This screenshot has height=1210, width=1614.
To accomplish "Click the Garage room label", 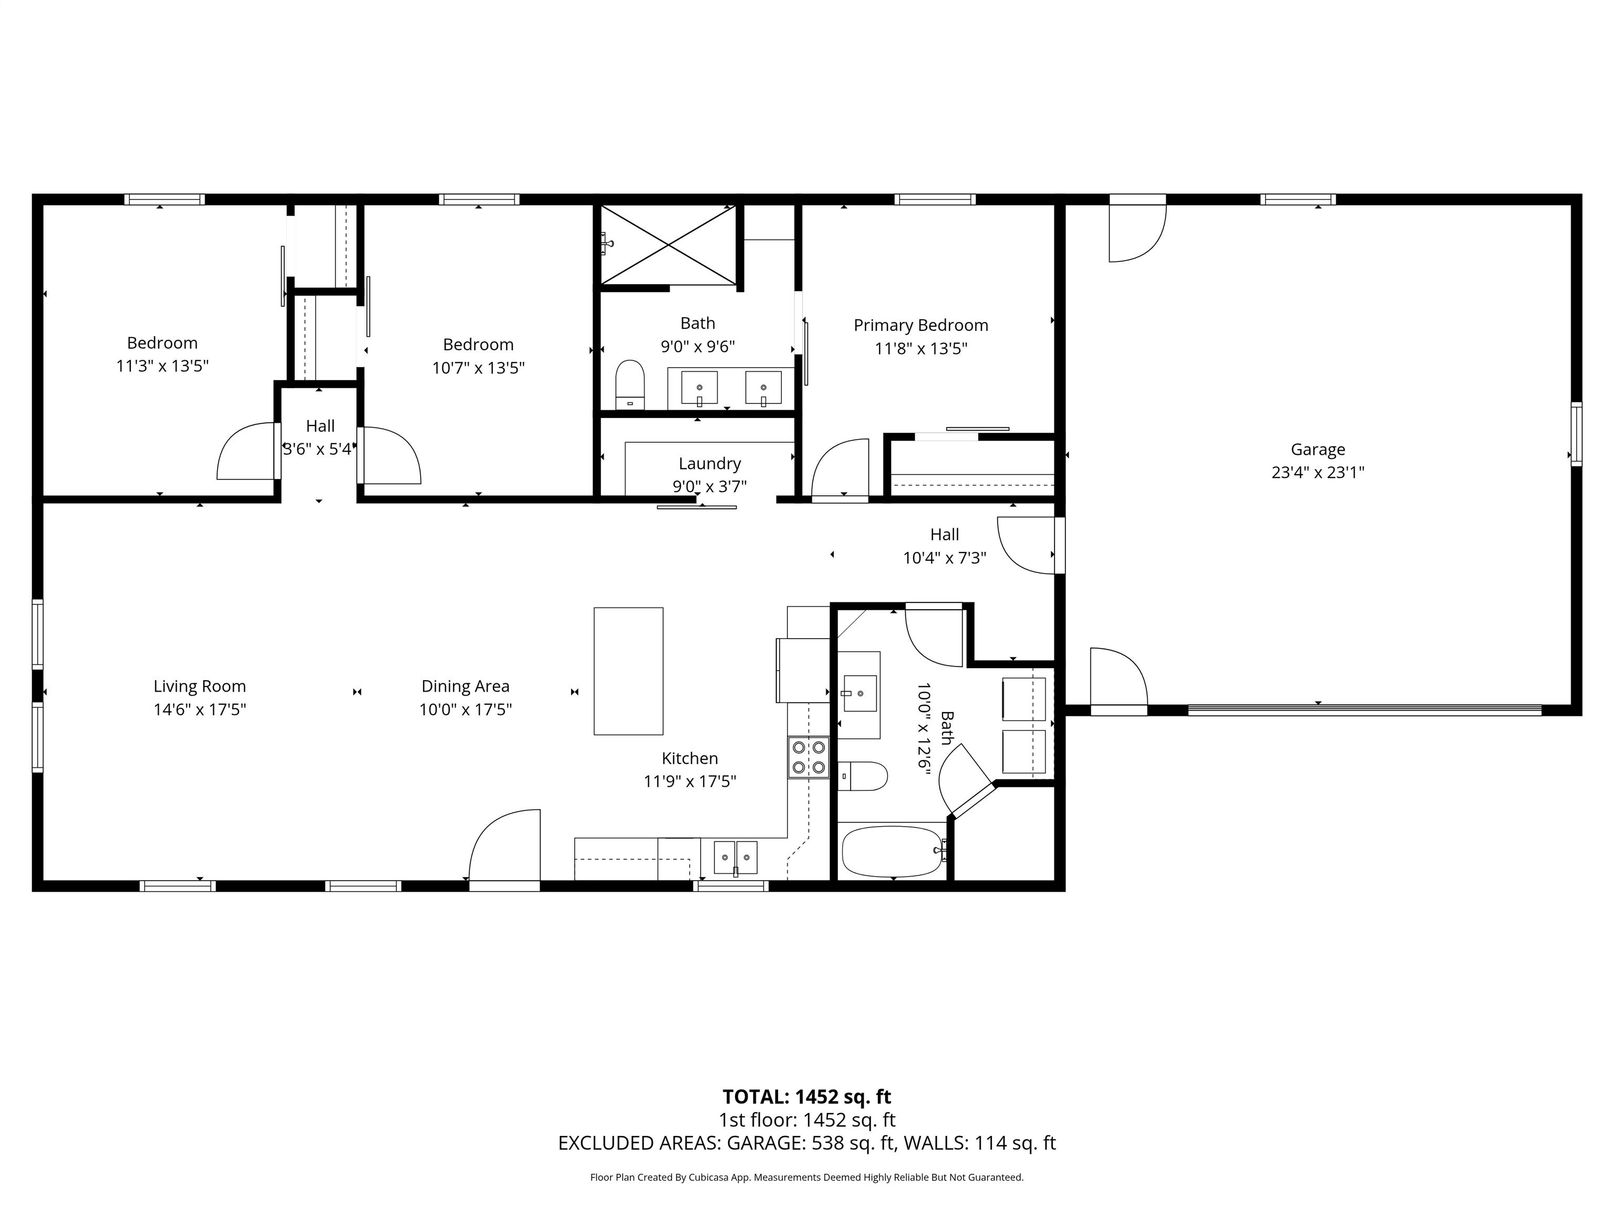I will [1317, 449].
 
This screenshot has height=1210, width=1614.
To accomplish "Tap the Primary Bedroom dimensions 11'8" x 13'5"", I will [921, 349].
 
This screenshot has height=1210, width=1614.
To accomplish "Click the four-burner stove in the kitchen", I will [809, 757].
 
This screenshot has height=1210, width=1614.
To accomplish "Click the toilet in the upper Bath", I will [630, 384].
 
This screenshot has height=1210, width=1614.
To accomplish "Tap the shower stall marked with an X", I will [668, 244].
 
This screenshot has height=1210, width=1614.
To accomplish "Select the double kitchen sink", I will [736, 857].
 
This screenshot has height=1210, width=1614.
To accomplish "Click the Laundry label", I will [709, 463].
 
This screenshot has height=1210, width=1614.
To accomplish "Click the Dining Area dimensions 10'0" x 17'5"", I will [465, 709].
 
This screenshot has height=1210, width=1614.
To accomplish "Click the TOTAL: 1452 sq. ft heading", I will [806, 1096].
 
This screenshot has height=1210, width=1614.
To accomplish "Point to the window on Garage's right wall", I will [1576, 433].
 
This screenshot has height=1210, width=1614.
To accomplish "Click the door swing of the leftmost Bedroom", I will [246, 452].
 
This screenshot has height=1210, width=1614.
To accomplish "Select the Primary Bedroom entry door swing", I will [841, 469].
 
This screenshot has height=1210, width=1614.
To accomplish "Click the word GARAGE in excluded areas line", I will [764, 1143].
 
